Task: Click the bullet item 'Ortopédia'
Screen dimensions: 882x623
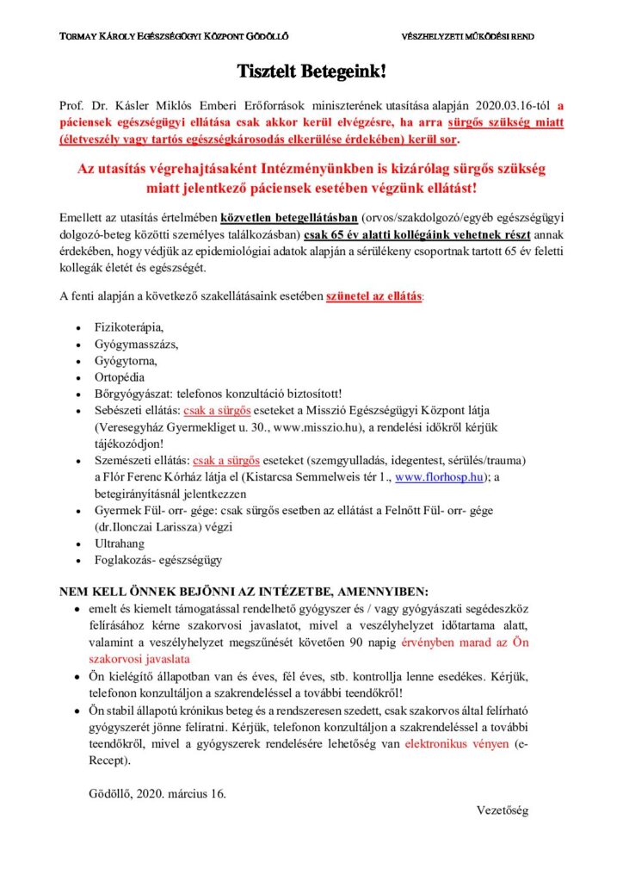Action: (120, 377)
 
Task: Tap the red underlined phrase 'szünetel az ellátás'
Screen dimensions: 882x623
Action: (373, 296)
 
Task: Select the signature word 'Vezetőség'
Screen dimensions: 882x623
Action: (503, 811)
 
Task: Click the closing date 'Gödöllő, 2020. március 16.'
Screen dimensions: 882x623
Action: (157, 792)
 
